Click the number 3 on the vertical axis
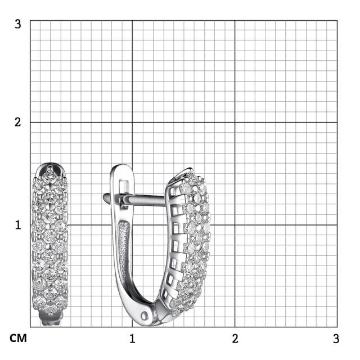(17, 24)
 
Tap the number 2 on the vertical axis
(17, 122)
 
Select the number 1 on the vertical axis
(18, 225)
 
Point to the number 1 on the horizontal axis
(132, 339)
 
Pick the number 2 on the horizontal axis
(235, 339)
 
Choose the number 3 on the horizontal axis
(336, 339)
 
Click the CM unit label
(18, 339)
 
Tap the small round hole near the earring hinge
(145, 316)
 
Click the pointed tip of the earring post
(104, 196)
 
